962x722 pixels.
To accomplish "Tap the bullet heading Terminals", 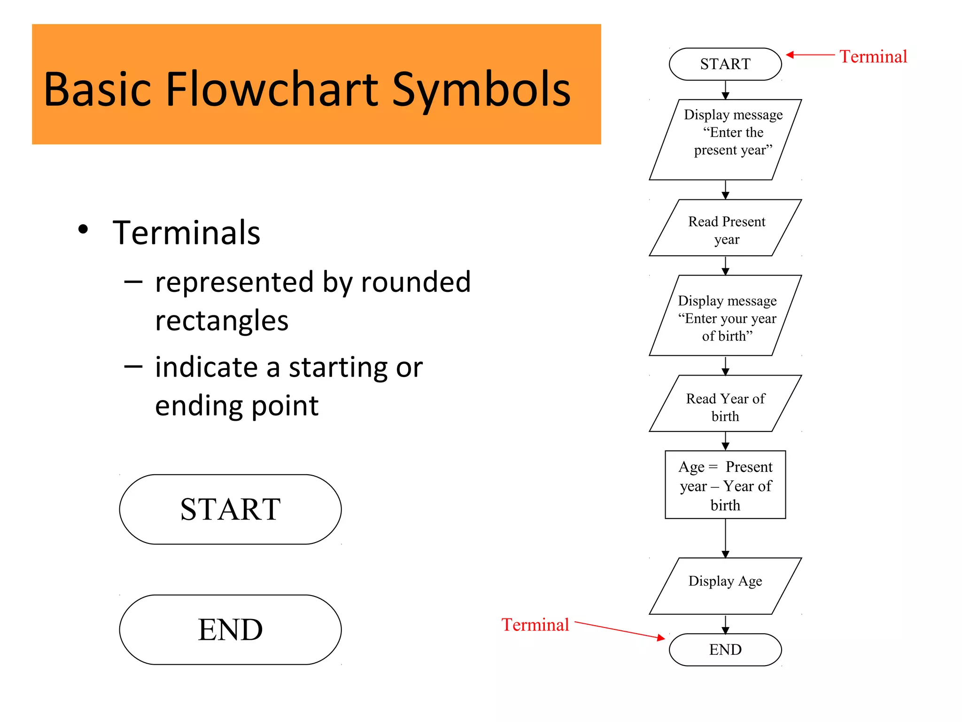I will (186, 233).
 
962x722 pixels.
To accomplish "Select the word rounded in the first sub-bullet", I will (415, 282).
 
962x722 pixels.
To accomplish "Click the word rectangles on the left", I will (221, 321).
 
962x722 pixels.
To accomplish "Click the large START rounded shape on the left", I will (230, 509).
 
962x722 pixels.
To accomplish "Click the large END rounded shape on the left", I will (230, 629).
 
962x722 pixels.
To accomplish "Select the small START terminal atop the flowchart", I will (725, 64).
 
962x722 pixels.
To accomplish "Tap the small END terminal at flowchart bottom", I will (725, 650).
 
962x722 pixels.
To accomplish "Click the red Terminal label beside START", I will (873, 56).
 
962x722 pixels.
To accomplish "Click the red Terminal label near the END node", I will (535, 625).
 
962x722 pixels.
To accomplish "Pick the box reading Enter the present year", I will (726, 140).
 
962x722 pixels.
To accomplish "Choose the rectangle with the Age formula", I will (725, 485).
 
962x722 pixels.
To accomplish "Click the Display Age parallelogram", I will (725, 585).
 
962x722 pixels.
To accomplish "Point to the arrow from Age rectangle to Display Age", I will (725, 538).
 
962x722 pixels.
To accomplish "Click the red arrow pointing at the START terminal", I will (810, 55).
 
